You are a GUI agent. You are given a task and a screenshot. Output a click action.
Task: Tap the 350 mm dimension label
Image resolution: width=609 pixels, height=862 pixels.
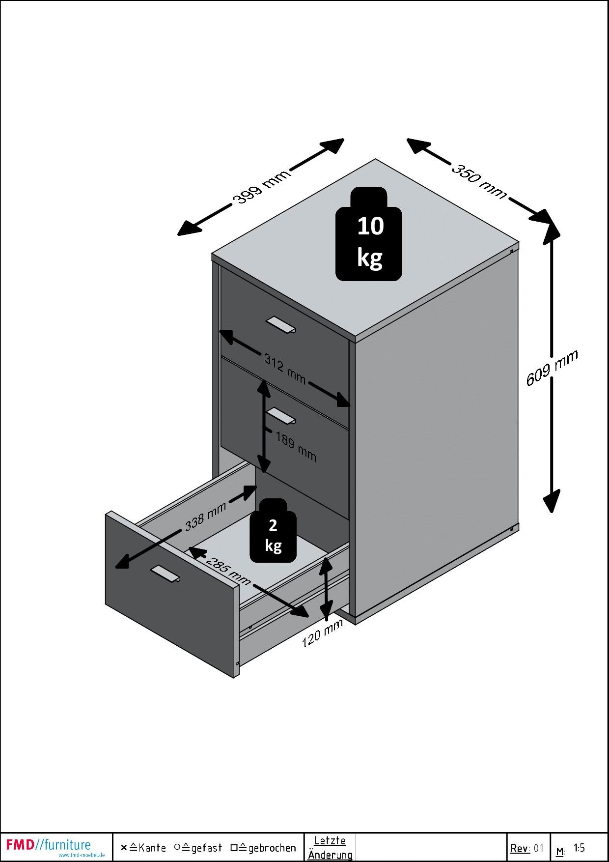[x=478, y=181]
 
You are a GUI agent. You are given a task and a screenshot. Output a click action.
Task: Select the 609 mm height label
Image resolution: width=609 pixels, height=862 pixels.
[x=552, y=368]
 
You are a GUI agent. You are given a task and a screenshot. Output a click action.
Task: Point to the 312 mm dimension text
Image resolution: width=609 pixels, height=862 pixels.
[x=285, y=369]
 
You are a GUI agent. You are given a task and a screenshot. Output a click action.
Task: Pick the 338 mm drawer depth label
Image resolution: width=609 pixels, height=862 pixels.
[x=205, y=517]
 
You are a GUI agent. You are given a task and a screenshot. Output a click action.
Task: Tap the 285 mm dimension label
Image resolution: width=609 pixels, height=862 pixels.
[x=228, y=571]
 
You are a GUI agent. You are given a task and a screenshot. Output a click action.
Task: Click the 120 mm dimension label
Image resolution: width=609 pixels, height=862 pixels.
[x=322, y=634]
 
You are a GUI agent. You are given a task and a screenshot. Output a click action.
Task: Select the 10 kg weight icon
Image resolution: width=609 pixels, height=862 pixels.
[x=369, y=234]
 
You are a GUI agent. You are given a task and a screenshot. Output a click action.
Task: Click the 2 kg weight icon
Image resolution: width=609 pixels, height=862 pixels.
[x=273, y=531]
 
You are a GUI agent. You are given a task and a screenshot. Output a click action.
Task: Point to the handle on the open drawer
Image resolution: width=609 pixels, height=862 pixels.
[x=166, y=574]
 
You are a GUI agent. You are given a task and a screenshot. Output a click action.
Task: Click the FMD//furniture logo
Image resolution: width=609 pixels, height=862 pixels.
[x=49, y=845]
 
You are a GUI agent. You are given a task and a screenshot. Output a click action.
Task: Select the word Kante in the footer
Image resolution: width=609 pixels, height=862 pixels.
[x=152, y=848]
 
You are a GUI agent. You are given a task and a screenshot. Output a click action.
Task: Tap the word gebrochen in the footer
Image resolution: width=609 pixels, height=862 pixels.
[x=272, y=848]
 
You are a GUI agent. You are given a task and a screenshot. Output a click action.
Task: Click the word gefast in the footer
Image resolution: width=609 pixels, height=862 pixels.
[x=206, y=848]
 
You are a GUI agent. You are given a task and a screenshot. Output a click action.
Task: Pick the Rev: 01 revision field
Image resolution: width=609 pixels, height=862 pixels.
[x=527, y=848]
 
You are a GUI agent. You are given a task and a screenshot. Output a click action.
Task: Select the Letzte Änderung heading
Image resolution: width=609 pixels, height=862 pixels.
[x=330, y=847]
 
